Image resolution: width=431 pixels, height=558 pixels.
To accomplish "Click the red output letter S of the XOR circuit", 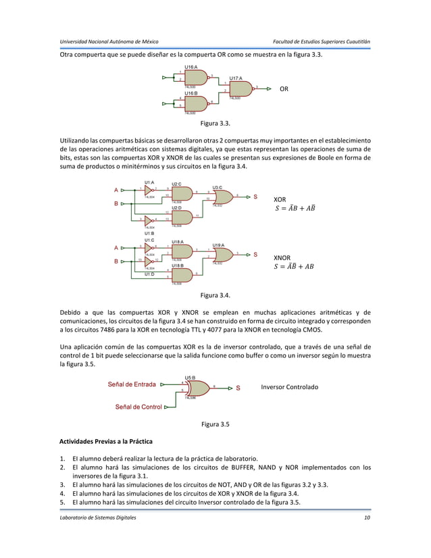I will tap(255, 197).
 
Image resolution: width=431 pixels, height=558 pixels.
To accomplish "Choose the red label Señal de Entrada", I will tap(132, 384).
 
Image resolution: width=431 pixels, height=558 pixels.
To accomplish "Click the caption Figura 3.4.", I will tap(215, 295).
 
